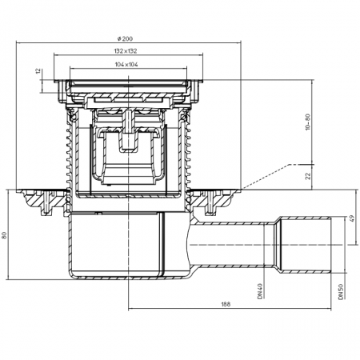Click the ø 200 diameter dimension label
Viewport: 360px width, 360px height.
pyautogui.click(x=125, y=38)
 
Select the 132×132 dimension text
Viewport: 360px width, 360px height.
pyautogui.click(x=126, y=51)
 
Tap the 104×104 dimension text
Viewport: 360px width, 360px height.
pyautogui.click(x=126, y=64)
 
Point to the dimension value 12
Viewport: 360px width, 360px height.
pyautogui.click(x=38, y=71)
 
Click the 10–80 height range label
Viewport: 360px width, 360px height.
pyautogui.click(x=308, y=122)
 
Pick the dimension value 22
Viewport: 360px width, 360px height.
pyautogui.click(x=308, y=176)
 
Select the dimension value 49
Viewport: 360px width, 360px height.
pyautogui.click(x=352, y=218)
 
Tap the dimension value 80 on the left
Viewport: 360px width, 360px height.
pyautogui.click(x=4, y=235)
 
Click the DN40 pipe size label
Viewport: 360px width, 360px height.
pyautogui.click(x=260, y=291)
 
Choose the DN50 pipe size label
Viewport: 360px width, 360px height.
pyautogui.click(x=341, y=291)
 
